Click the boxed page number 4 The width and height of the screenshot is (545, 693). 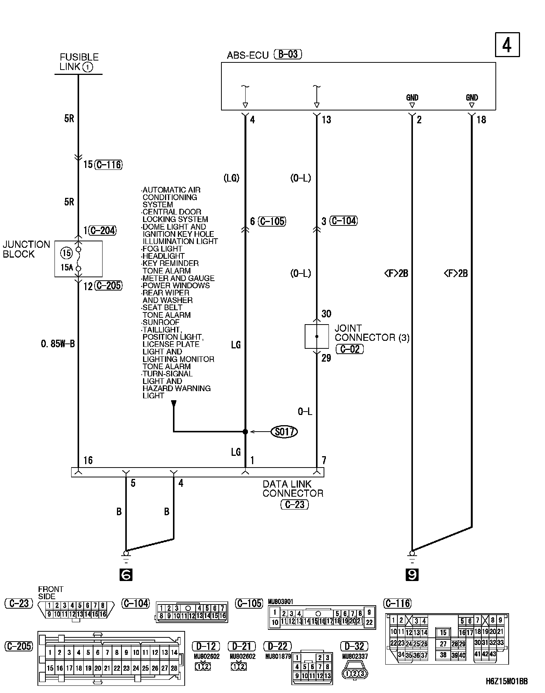pyautogui.click(x=507, y=45)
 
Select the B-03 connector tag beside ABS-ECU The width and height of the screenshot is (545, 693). pyautogui.click(x=288, y=54)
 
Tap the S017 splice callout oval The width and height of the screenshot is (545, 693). pyautogui.click(x=284, y=432)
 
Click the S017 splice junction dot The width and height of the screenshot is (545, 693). pyautogui.click(x=245, y=432)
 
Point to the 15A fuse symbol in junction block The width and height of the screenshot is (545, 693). pyautogui.click(x=78, y=259)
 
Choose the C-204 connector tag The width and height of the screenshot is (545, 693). pyautogui.click(x=102, y=230)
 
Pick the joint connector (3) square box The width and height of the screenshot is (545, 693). pyautogui.click(x=317, y=336)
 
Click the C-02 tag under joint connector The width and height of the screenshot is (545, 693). pyautogui.click(x=350, y=349)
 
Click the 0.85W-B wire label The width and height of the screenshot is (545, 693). pyautogui.click(x=58, y=344)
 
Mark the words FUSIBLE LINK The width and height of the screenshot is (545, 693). pyautogui.click(x=79, y=62)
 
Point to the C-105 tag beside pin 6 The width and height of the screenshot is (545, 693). pyautogui.click(x=272, y=221)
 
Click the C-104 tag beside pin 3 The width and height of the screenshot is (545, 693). pyautogui.click(x=344, y=221)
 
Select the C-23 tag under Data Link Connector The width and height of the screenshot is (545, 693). pyautogui.click(x=294, y=504)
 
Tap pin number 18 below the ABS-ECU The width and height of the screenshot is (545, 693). pyautogui.click(x=481, y=120)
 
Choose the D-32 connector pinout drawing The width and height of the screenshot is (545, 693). pyautogui.click(x=355, y=673)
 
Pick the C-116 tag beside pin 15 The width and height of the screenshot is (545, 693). pyautogui.click(x=109, y=165)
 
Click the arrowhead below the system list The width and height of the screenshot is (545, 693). pyautogui.click(x=174, y=404)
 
